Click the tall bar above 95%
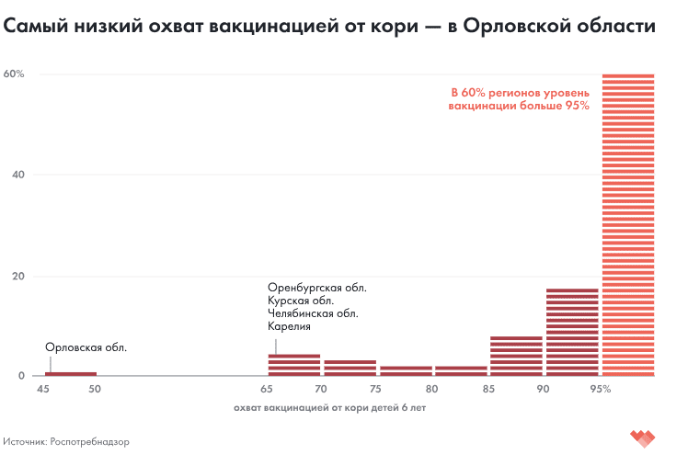pos(628,224)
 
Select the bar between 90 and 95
pos(572,332)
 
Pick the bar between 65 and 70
pos(294,365)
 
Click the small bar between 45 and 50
pos(71,373)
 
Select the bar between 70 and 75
pos(350,368)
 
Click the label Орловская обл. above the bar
pos(86,347)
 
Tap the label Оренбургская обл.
pos(317,288)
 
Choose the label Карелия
pos(289,326)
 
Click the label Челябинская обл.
pos(313,313)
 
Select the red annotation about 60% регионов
pos(518,99)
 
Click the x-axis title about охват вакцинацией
pos(330,406)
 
